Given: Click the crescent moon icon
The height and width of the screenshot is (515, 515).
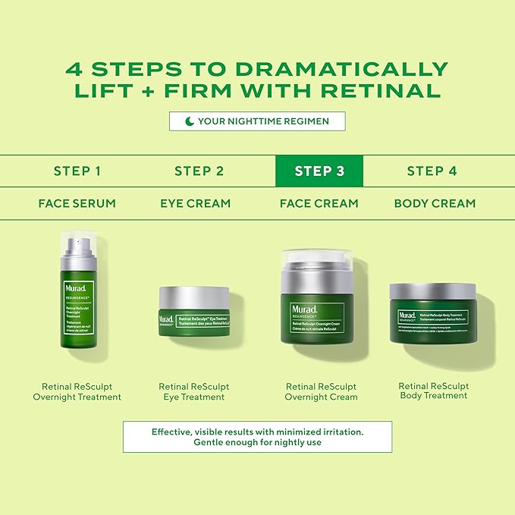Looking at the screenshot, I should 189,121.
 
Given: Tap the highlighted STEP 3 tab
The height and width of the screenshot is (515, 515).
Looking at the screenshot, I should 319,171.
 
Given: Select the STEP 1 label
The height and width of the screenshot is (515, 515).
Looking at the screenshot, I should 77,171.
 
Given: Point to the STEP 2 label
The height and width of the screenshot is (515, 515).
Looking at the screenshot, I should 199,171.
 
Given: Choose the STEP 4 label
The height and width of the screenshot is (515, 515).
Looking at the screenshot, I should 432,171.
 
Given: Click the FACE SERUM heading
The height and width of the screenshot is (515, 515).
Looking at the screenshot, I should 77,203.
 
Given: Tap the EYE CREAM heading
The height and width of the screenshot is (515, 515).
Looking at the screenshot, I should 195,203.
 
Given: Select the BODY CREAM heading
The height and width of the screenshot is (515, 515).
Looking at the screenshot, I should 435,203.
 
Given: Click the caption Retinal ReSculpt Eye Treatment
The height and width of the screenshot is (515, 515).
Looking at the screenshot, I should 194,391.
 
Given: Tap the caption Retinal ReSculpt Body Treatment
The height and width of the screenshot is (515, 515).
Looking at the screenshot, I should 433,391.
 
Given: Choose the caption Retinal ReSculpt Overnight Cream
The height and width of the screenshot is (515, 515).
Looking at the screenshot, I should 321,391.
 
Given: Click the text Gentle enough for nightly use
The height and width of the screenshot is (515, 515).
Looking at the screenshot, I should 257,442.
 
